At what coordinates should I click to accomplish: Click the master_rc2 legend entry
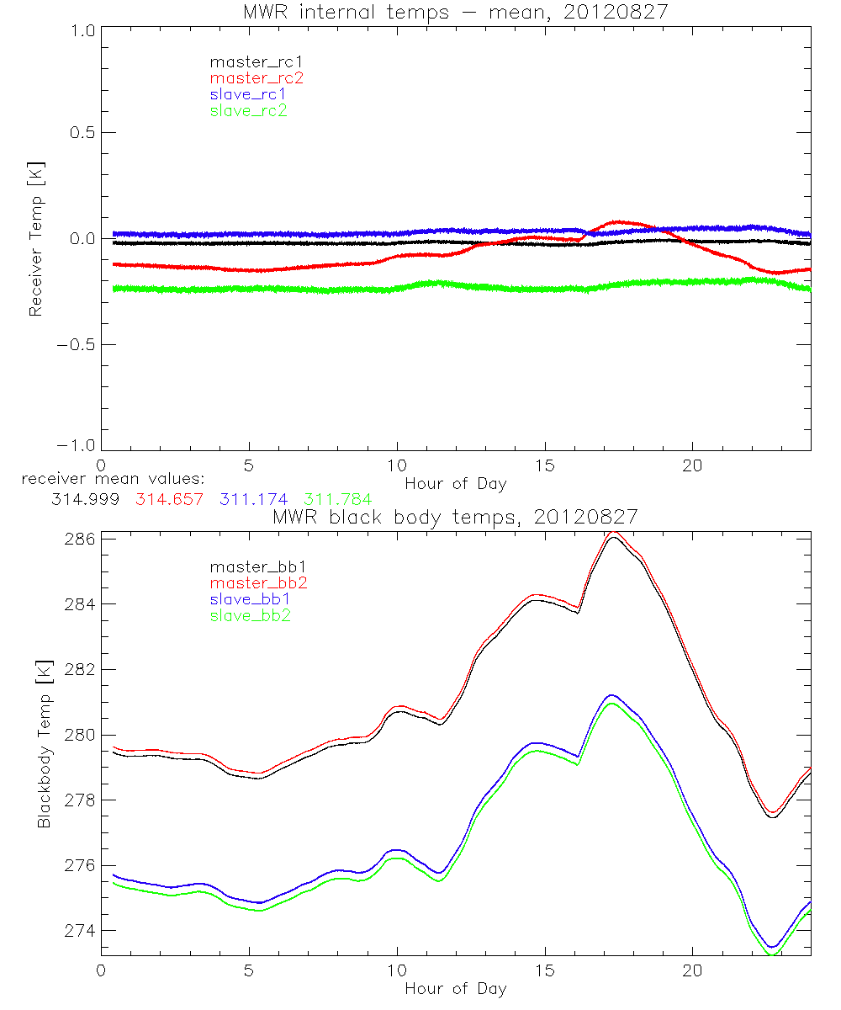click(x=256, y=77)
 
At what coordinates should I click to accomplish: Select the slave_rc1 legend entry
click(x=248, y=93)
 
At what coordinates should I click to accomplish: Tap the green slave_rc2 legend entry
click(x=248, y=109)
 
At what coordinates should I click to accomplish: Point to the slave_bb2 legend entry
click(x=248, y=615)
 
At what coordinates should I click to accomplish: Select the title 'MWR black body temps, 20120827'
click(x=455, y=518)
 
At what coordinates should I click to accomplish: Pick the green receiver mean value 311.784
click(x=337, y=500)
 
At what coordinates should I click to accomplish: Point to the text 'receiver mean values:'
click(x=107, y=479)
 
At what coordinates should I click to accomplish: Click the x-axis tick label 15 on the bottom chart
click(x=544, y=970)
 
